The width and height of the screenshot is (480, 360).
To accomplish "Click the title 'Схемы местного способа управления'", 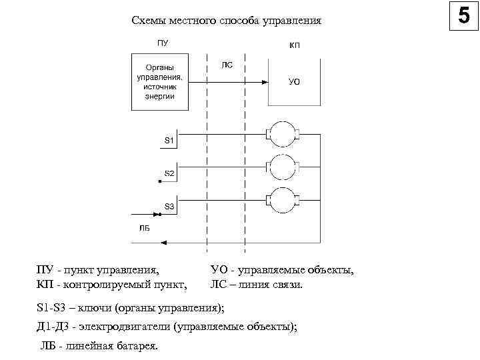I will (226, 21).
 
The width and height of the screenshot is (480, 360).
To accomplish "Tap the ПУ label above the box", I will (162, 43).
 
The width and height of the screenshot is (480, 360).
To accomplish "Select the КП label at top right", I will (294, 45).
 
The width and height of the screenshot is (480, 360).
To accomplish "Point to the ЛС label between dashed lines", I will (227, 65).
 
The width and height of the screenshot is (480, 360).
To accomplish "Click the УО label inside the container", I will (294, 81).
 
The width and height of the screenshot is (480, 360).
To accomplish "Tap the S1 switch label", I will (169, 141).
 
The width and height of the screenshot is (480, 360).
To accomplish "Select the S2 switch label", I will (169, 173).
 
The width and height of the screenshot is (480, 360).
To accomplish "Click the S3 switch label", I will (169, 207).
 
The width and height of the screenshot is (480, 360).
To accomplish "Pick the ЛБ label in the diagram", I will (145, 228).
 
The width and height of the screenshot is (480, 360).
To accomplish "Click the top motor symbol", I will (284, 133).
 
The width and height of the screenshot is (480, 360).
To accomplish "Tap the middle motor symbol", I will (284, 166).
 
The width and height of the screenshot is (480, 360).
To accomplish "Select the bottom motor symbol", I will (284, 199).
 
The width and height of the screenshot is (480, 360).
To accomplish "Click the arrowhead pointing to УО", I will (265, 82).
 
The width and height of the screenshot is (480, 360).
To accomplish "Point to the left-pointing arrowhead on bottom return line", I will (165, 241).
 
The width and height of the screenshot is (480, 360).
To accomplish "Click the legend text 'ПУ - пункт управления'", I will (98, 270).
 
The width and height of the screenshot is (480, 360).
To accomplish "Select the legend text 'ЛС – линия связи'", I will (257, 285).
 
